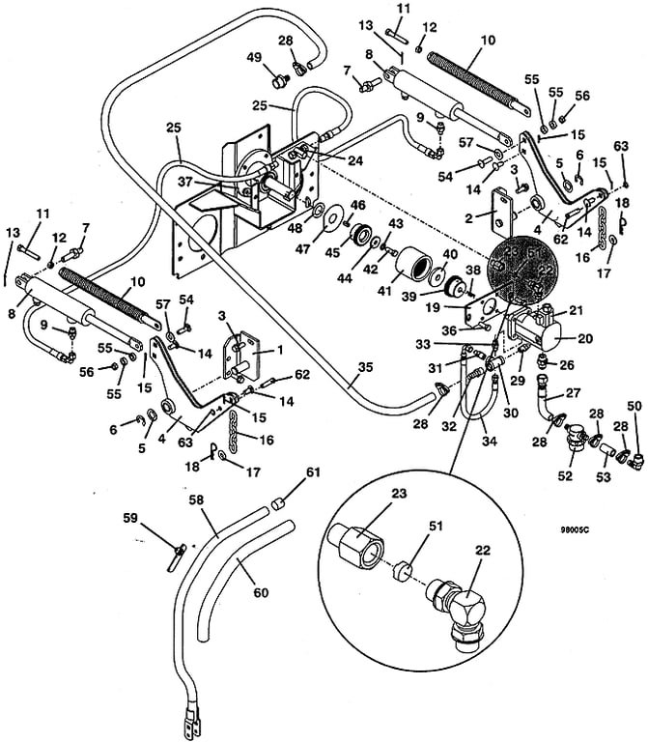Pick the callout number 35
pos(364,366)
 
